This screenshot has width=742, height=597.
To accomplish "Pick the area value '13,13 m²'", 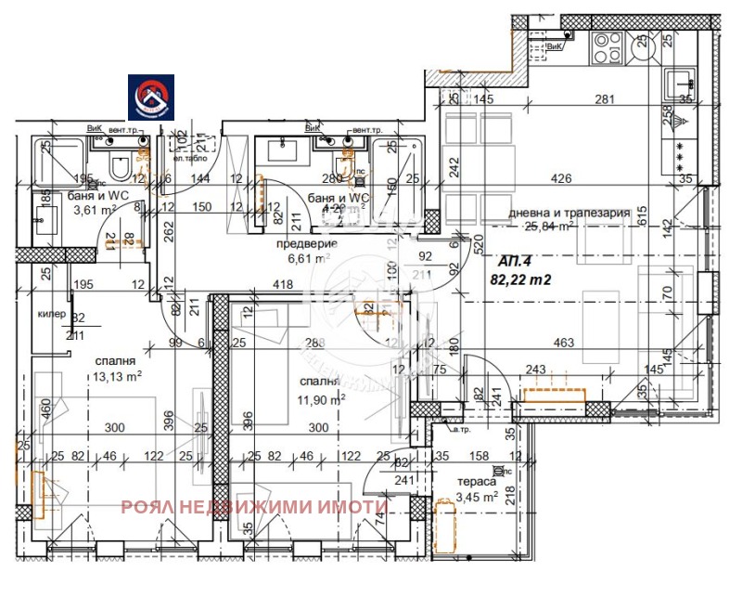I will coord(117,376).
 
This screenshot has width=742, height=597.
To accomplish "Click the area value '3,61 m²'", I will coord(95,211).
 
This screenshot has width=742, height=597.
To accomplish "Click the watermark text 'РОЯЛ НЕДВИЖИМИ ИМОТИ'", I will coord(253,507).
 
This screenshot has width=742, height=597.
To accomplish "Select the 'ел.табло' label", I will coord(178,143).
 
